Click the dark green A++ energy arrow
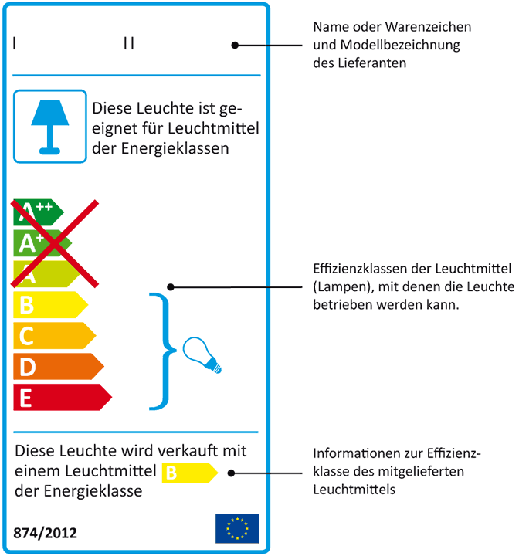coord(39,212)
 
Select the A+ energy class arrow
coord(42,243)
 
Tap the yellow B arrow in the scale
coord(50,304)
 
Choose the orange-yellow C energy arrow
coord(54,335)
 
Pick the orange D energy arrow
coord(59,366)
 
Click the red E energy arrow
coord(63,397)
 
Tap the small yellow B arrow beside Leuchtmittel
coord(190,473)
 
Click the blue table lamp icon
coord(50,127)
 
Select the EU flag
coord(237,528)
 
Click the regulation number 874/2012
coord(45,533)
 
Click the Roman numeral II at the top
coord(129,43)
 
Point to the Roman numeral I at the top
coord(14,43)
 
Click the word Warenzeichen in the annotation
coord(428,27)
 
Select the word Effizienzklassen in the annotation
coord(361,269)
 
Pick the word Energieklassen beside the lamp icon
coord(175,148)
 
